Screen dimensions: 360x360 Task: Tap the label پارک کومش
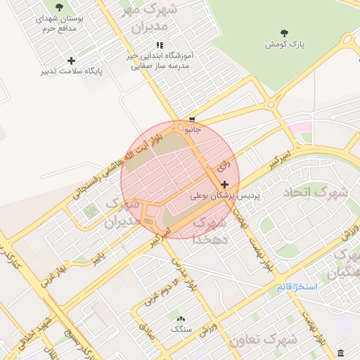coord(285,44)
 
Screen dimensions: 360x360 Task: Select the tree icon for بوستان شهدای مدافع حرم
coord(58,7)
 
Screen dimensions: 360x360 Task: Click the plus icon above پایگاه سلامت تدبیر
coord(71,60)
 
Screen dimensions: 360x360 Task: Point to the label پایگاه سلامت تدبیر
coord(71,72)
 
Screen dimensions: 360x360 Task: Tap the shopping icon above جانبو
coord(192,120)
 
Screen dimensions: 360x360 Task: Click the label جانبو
coord(192,130)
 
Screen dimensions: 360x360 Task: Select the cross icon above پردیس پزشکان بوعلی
coord(224,184)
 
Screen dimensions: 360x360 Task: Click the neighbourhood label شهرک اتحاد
coord(316,191)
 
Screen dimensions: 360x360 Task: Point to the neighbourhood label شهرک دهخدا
coord(209,230)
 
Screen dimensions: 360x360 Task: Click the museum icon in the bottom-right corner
coord(341,352)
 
